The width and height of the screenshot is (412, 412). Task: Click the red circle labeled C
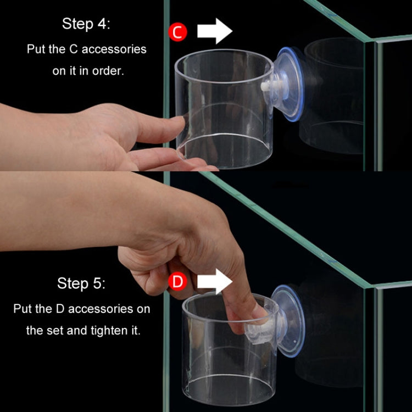click(177, 31)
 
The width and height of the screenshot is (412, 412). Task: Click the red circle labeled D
click(177, 282)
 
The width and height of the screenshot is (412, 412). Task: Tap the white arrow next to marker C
click(215, 31)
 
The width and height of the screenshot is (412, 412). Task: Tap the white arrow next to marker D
click(215, 282)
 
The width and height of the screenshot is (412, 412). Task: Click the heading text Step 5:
click(81, 284)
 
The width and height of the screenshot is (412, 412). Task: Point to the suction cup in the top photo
click(288, 84)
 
